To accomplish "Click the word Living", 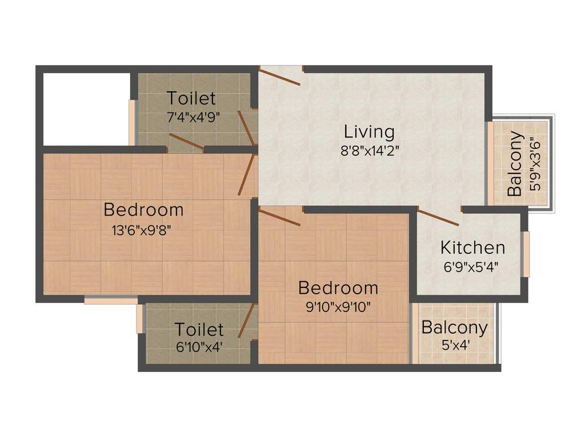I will (x=369, y=132).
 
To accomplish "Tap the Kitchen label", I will (x=472, y=248).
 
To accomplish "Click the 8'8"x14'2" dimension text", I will (x=370, y=153).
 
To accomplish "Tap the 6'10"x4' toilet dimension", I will (x=198, y=346).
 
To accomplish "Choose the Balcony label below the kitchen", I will (x=454, y=327).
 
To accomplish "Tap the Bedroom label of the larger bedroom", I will (x=143, y=209).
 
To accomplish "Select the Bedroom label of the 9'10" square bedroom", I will (x=338, y=287).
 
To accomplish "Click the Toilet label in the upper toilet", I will (x=191, y=98).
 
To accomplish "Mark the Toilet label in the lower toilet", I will (x=199, y=329).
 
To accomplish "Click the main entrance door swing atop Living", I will (x=279, y=76).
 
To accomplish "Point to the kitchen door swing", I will (x=438, y=217).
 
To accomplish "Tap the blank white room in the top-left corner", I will (x=86, y=108).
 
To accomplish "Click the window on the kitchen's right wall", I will (x=526, y=254).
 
